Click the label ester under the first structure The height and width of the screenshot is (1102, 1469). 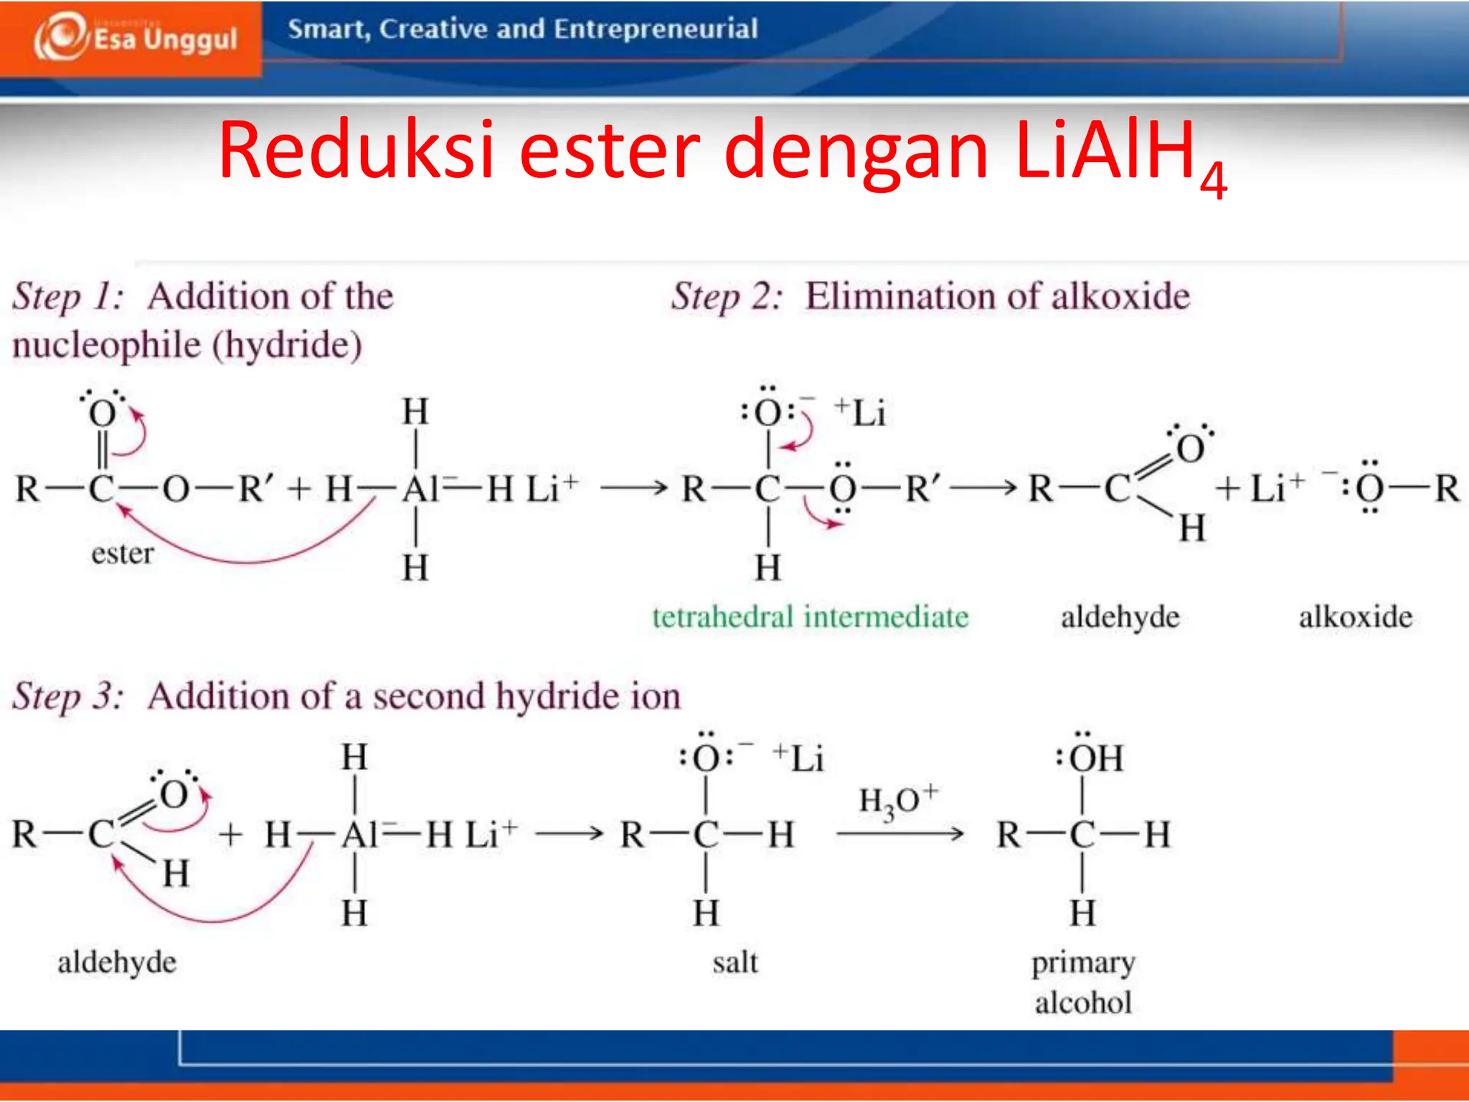click(122, 554)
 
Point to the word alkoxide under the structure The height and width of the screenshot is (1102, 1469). click(1355, 617)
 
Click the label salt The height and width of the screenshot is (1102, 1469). click(734, 962)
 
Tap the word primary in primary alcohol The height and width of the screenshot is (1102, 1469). click(1083, 964)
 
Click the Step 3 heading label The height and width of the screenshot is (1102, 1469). click(68, 697)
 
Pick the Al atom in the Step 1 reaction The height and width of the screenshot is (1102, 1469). click(421, 490)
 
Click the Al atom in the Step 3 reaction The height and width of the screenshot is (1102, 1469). click(361, 835)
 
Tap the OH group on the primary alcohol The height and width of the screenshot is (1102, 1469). click(1095, 758)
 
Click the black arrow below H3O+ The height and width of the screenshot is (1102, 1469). click(899, 834)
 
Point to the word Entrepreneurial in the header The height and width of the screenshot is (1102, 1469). click(656, 29)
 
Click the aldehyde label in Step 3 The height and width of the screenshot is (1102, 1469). click(117, 962)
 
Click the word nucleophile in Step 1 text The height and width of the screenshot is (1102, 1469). click(106, 345)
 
